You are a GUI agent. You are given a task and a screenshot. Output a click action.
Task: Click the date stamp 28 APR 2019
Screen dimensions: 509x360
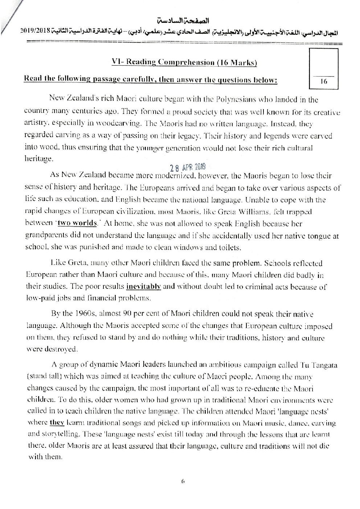pyautogui.click(x=188, y=167)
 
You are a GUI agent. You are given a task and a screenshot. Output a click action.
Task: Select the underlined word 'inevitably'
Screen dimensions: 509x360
pyautogui.click(x=143, y=286)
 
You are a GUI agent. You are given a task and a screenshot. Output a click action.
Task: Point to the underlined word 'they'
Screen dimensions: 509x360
pyautogui.click(x=57, y=423)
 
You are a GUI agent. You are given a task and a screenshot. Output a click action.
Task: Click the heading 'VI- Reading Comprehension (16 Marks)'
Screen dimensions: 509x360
pyautogui.click(x=184, y=62)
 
